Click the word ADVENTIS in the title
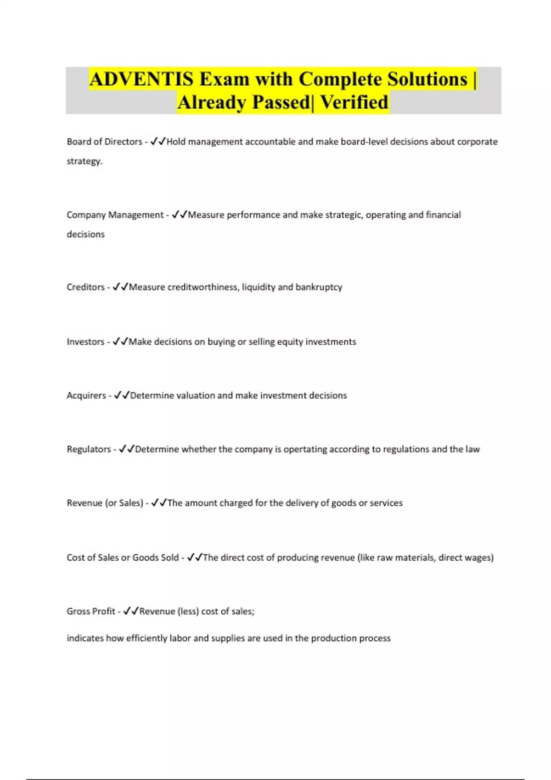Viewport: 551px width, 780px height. point(141,79)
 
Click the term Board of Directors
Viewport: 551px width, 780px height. point(104,142)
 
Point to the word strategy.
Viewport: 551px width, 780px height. point(84,161)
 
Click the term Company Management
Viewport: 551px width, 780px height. point(115,215)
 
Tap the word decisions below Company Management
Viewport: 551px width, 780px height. point(85,234)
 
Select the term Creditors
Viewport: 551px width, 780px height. point(85,287)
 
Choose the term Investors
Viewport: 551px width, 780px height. point(85,342)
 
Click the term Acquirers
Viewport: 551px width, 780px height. point(86,396)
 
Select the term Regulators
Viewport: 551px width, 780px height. point(89,449)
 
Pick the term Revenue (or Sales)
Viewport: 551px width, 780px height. point(105,503)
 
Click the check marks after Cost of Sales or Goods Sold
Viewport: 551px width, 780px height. point(195,557)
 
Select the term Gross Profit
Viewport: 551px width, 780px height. point(90,611)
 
